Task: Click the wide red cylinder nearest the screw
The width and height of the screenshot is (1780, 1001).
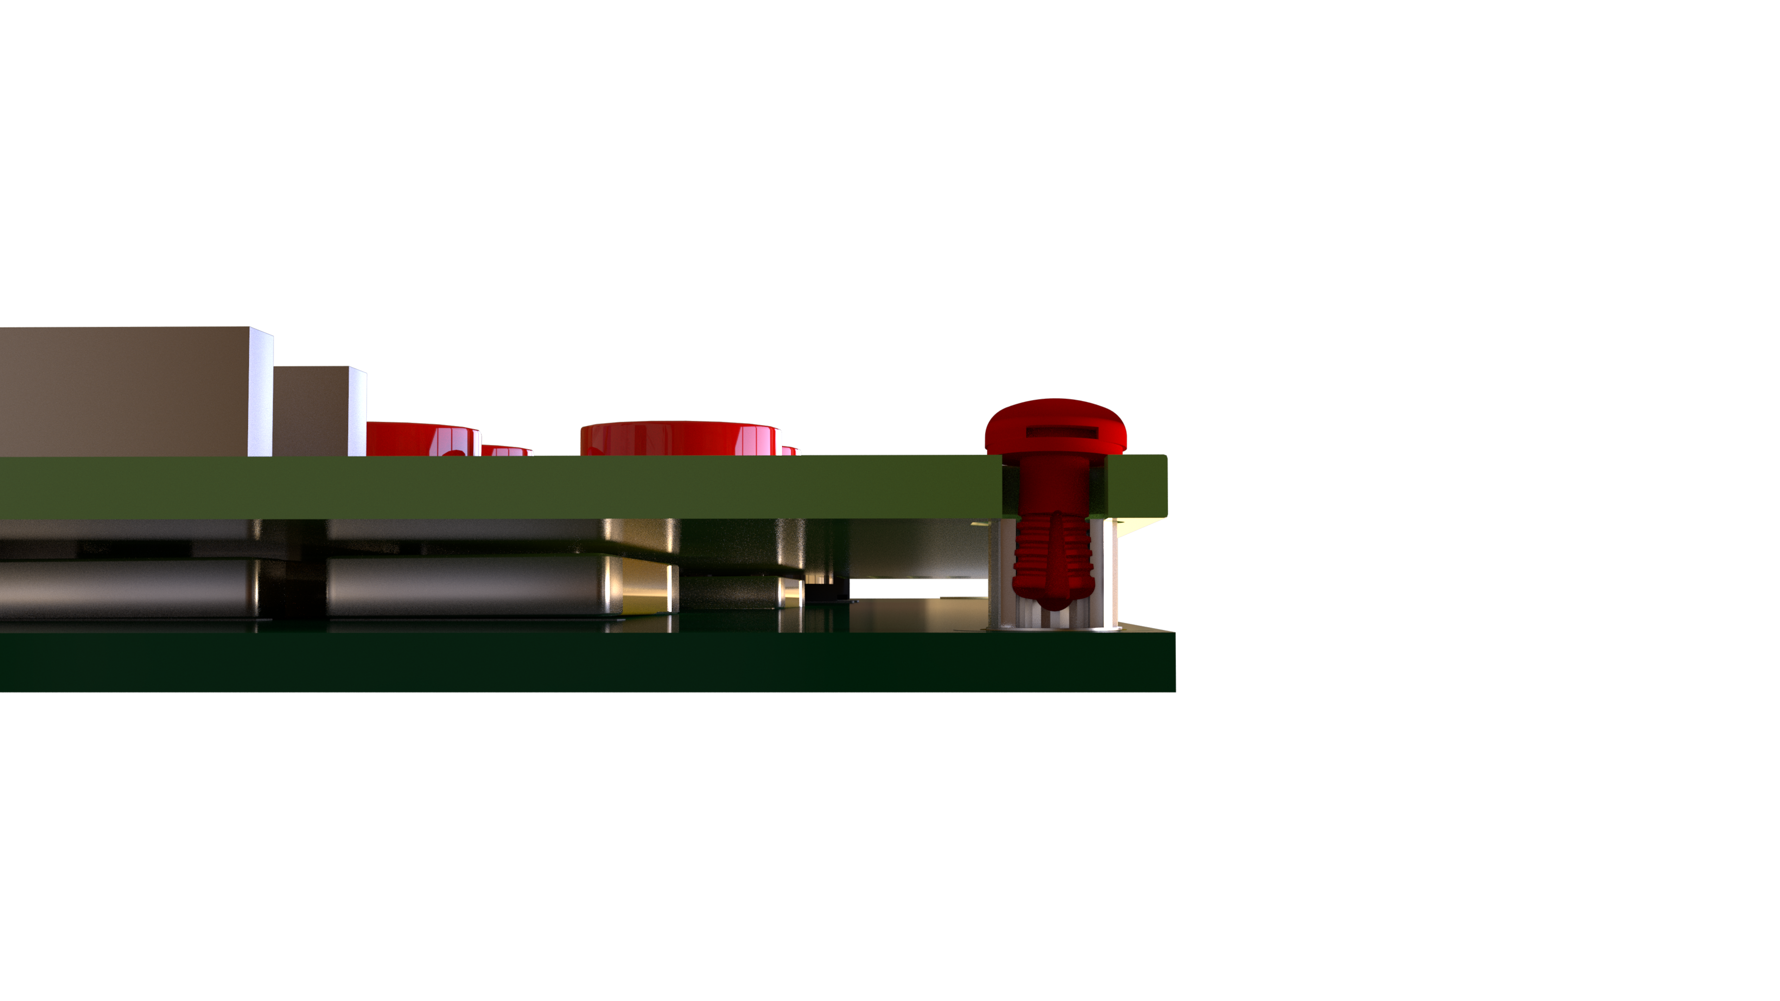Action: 680,439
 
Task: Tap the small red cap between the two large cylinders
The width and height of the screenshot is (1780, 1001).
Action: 507,450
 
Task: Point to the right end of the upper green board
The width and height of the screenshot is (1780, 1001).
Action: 1140,486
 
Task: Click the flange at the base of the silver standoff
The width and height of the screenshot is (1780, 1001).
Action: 1054,628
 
